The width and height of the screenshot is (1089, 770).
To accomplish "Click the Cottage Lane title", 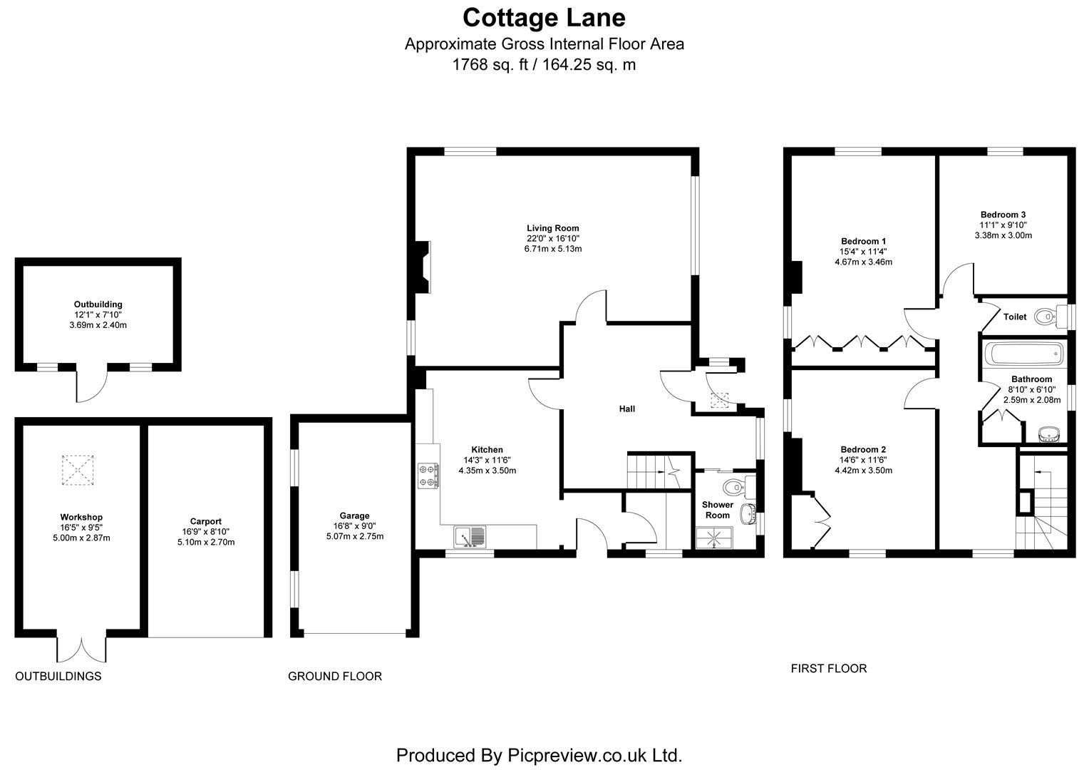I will (x=544, y=16).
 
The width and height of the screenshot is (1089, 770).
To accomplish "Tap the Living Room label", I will (x=552, y=228).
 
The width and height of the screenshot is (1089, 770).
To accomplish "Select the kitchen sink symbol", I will (x=470, y=536).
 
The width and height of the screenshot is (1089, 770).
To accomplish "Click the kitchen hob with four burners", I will (x=428, y=476).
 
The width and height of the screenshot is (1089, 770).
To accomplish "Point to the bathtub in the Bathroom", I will (x=1023, y=354).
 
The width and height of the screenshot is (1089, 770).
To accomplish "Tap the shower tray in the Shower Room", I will (x=714, y=538).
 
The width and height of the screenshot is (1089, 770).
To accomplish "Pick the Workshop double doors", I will (x=82, y=647).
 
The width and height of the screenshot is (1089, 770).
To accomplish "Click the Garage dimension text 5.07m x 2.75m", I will (x=354, y=536).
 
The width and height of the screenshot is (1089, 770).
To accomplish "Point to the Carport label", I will (x=205, y=521).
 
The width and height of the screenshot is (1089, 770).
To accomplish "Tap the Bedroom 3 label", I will (x=1003, y=215).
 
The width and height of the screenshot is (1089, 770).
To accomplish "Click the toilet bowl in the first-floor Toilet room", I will (x=1044, y=316).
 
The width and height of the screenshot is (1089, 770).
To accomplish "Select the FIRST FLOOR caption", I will (x=828, y=669).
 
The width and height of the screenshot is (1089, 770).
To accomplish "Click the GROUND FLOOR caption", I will (x=334, y=676).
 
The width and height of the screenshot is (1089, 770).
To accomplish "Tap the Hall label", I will (x=626, y=409).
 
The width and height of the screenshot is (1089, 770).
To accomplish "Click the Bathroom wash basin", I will (x=1046, y=433).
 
